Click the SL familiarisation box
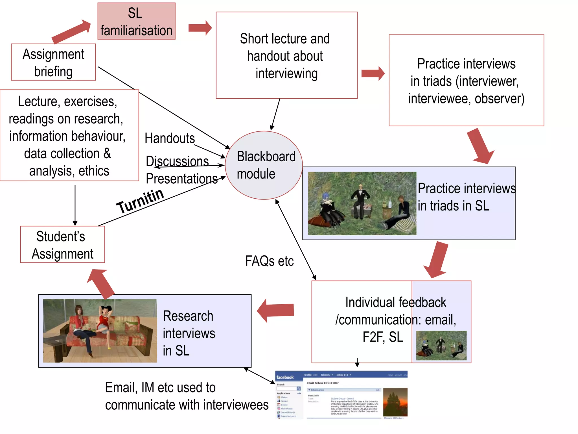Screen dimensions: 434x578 (x=136, y=21)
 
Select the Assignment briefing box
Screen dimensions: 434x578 (x=53, y=62)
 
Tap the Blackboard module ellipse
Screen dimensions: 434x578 (x=264, y=165)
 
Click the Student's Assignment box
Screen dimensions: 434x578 (x=62, y=244)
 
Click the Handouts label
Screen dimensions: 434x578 (x=170, y=138)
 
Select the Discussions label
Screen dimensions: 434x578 (x=177, y=161)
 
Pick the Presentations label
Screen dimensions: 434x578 (x=181, y=179)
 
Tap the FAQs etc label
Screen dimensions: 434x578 (x=269, y=261)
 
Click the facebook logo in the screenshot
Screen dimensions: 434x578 (x=285, y=377)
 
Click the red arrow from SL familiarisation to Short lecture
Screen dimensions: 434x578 (x=200, y=28)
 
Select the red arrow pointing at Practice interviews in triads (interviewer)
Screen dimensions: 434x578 (x=373, y=73)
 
